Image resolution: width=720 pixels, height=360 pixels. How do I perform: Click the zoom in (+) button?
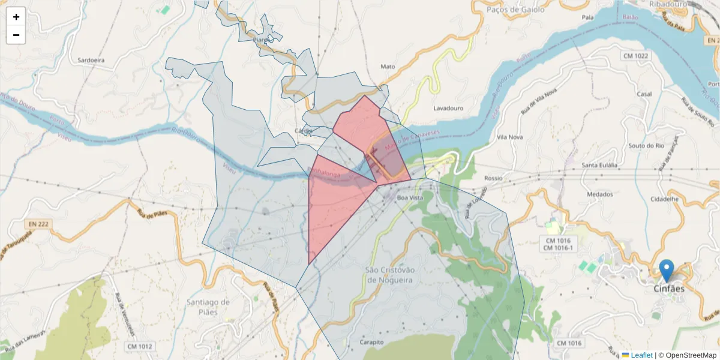point(16,17)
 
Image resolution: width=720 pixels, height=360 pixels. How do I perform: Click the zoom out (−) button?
point(16,35)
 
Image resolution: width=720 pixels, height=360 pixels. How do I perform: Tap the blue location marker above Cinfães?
point(666,271)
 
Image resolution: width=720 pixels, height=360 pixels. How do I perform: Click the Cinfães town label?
point(668,289)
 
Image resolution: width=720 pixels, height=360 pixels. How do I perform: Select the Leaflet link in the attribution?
point(641,355)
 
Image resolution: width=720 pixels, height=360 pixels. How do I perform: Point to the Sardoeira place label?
point(91,61)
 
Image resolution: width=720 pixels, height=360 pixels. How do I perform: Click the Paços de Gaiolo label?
point(515,10)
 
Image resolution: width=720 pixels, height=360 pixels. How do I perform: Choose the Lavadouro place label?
point(448,109)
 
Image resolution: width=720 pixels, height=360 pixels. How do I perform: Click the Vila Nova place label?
point(511,137)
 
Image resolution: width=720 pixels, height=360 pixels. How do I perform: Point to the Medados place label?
point(600,194)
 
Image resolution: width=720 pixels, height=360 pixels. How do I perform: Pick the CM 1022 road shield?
point(634,56)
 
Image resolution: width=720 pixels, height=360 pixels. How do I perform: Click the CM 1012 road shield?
point(140,346)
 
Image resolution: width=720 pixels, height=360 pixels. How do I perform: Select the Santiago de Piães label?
point(208,307)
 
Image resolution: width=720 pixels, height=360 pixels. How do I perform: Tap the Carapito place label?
point(371,342)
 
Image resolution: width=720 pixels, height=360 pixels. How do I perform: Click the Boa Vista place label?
point(410,197)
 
